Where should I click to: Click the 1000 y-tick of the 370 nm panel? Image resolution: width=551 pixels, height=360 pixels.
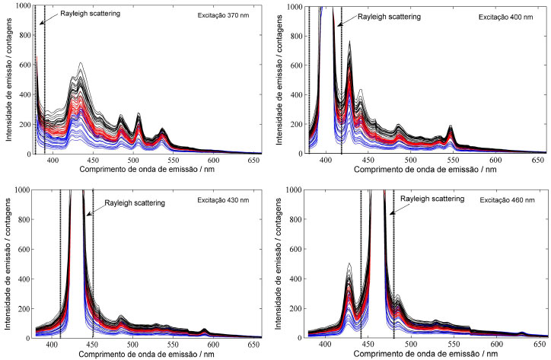24,6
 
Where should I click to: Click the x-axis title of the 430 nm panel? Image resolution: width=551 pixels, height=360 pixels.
141,353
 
